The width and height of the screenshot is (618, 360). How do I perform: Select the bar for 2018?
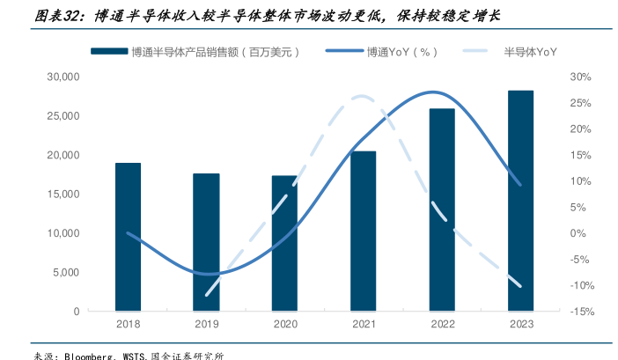click(129, 237)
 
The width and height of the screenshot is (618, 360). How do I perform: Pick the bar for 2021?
click(363, 231)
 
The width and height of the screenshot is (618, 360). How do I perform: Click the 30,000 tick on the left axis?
click(63, 77)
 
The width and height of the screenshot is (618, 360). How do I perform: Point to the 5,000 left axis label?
click(66, 272)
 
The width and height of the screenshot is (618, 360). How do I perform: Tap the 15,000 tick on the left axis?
click(63, 195)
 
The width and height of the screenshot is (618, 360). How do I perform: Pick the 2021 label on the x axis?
click(363, 324)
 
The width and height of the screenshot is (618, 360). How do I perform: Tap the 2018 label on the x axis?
click(129, 324)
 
